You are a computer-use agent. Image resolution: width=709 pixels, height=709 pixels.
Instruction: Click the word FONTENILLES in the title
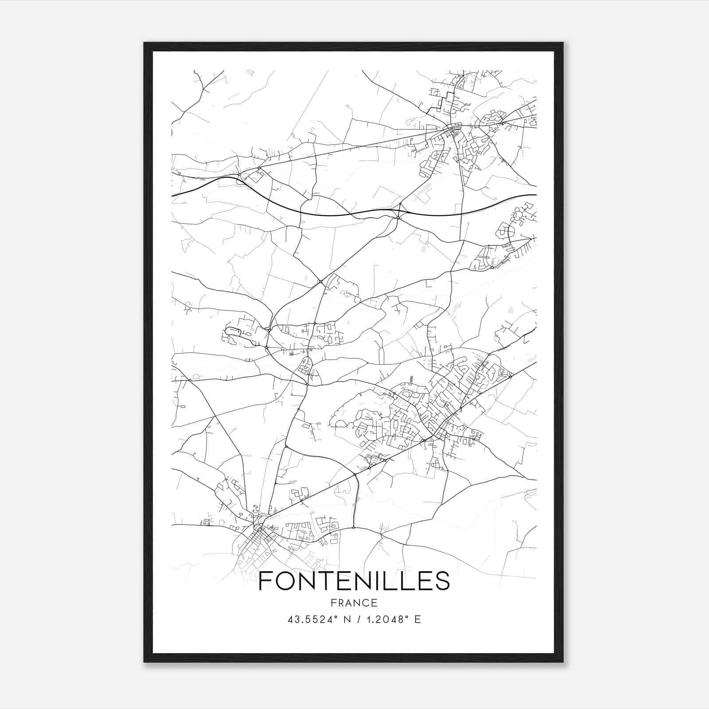[x=354, y=581]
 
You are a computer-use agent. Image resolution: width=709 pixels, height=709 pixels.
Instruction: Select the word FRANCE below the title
[x=354, y=603]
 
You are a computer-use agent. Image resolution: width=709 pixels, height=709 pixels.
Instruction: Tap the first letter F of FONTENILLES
[x=265, y=581]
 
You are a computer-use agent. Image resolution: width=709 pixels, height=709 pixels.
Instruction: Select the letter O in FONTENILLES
[x=285, y=581]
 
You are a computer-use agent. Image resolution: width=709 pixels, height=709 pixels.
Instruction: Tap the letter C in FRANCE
[x=365, y=603]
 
